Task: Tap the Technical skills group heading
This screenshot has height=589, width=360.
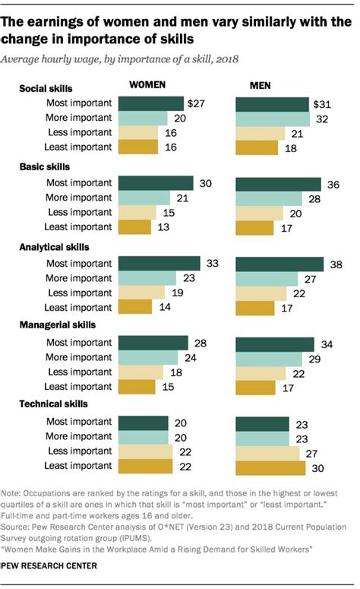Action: pos(53,404)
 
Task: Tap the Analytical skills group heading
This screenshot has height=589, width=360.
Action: pos(55,247)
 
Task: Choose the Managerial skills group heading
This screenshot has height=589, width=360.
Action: pos(56,325)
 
